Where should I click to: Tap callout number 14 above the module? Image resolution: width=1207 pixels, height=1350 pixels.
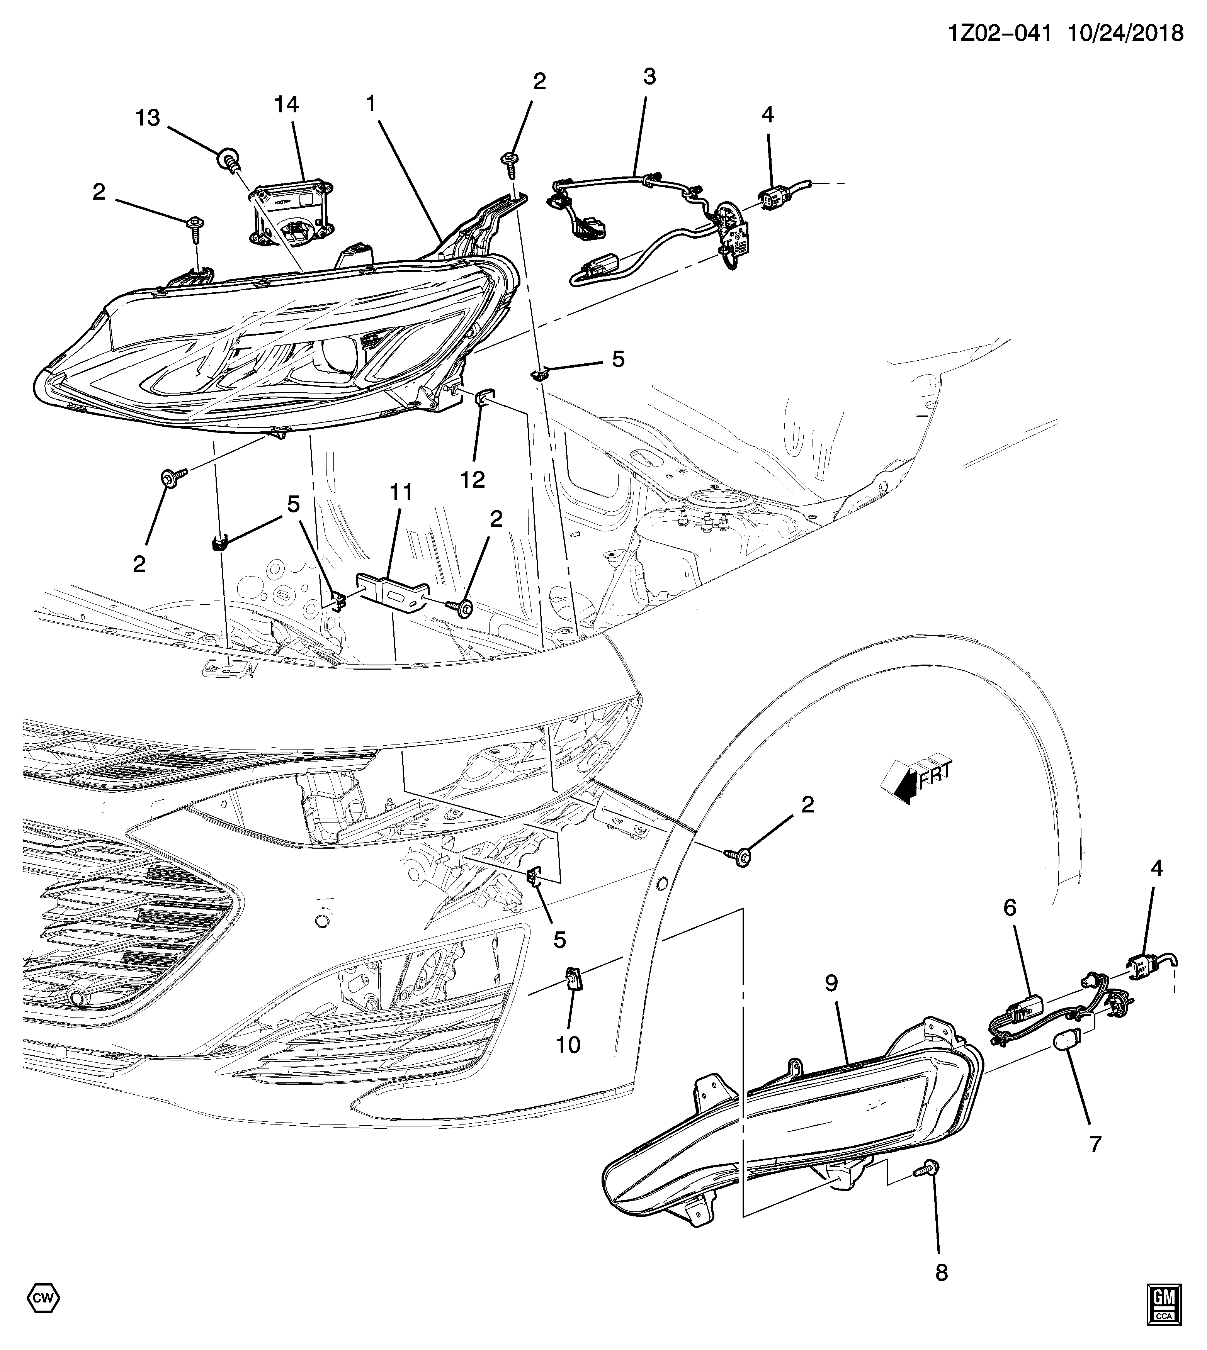[x=287, y=105]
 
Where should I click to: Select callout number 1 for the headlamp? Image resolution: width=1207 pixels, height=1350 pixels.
[x=371, y=103]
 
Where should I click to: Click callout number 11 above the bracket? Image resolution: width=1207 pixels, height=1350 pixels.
[x=401, y=492]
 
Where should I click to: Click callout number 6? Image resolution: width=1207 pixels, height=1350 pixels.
[x=1009, y=908]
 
